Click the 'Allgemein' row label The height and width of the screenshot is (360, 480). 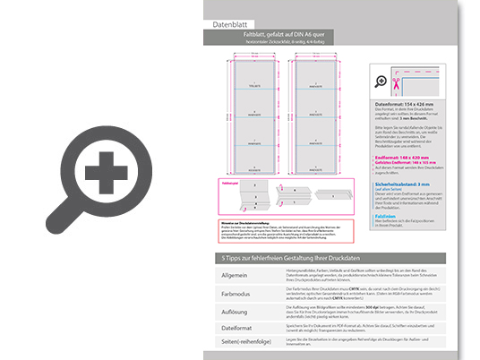tap(235, 275)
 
